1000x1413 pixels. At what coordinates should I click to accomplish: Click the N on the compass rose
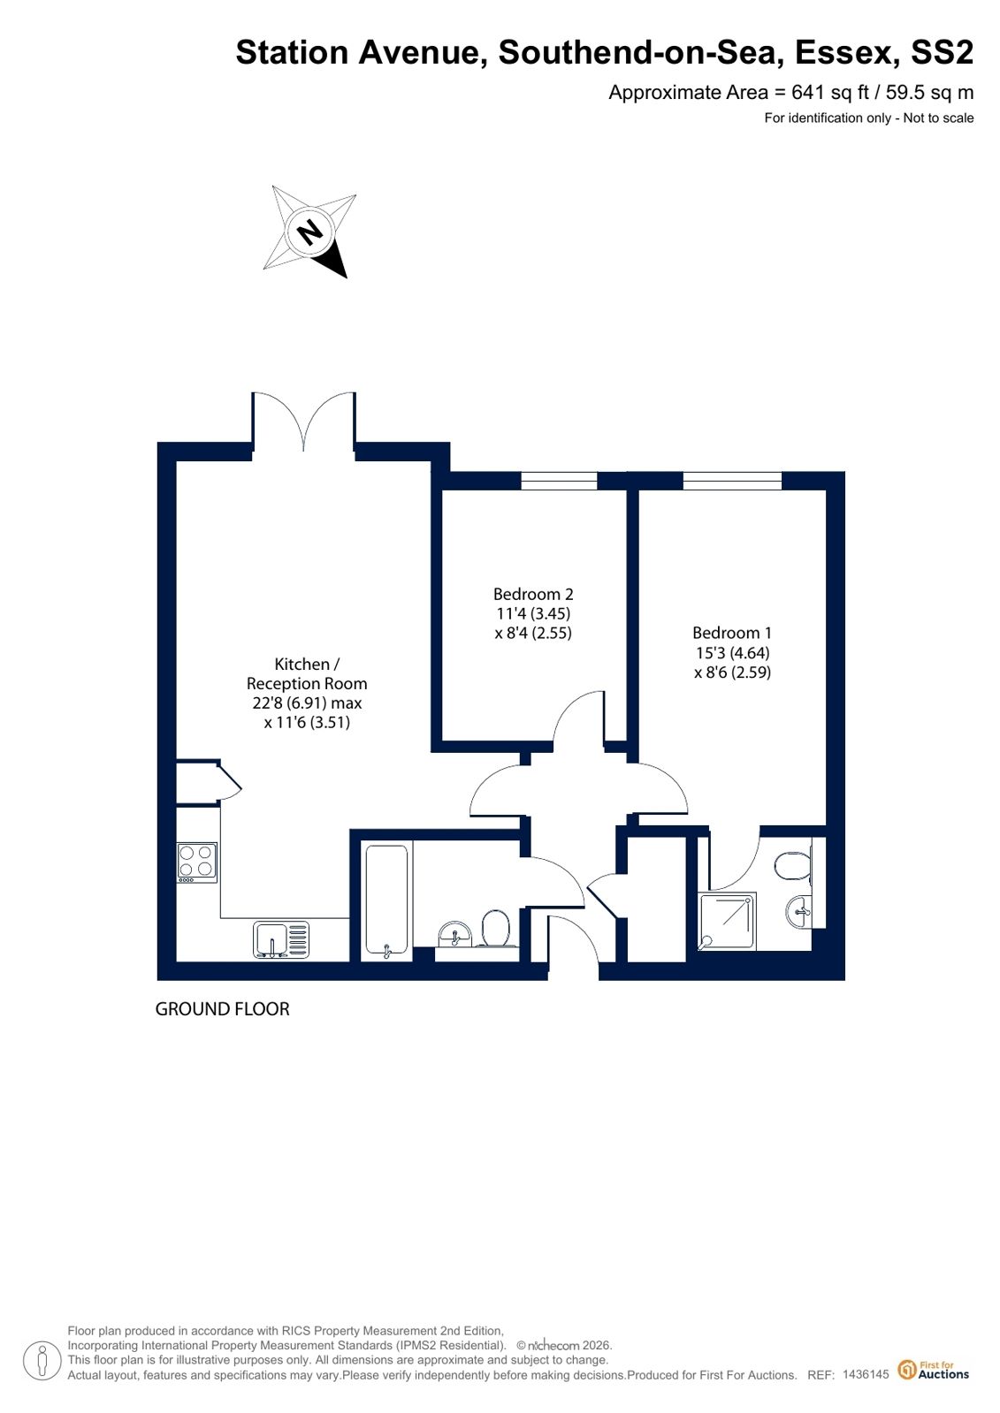[x=310, y=232]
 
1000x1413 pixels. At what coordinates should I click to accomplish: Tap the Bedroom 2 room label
[x=533, y=594]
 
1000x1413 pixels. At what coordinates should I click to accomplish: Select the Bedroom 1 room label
[x=732, y=633]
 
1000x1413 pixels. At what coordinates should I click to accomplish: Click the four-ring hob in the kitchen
[x=196, y=862]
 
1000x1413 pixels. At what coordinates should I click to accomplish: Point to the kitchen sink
[x=281, y=940]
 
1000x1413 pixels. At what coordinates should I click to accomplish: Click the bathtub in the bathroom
[x=386, y=901]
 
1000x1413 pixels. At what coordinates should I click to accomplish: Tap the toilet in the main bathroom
[x=496, y=928]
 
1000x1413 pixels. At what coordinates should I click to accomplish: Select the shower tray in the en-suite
[x=727, y=921]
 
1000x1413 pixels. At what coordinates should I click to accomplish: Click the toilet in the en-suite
[x=794, y=867]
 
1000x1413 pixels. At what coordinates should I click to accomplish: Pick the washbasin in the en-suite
[x=800, y=911]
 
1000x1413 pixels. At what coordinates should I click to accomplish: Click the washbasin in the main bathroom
[x=454, y=934]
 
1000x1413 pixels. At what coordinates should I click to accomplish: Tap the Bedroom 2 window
[x=559, y=481]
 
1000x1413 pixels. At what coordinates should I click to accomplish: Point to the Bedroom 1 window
[x=732, y=481]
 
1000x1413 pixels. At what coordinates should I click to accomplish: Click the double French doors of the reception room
[x=303, y=422]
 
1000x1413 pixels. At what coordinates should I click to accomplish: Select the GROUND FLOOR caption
[x=222, y=1009]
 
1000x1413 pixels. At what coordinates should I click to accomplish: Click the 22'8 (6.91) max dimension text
[x=307, y=703]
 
